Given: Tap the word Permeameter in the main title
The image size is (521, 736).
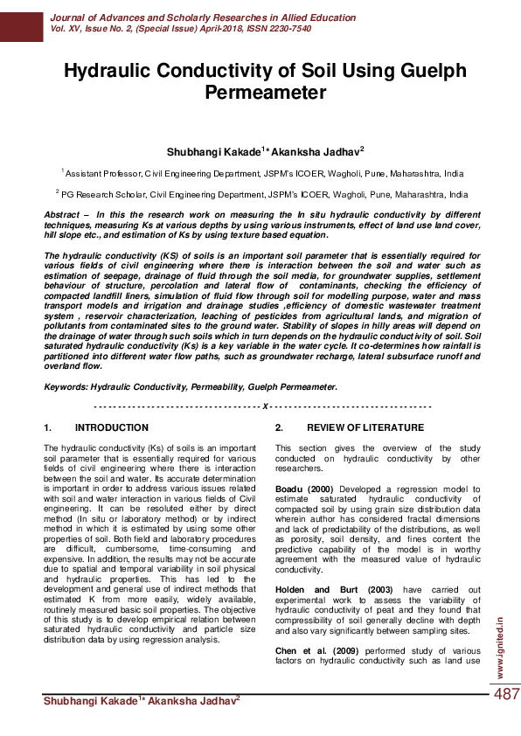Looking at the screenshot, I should (260, 93).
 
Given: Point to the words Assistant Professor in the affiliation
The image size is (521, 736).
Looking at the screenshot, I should (103, 174).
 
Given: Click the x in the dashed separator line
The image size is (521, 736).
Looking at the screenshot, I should (265, 406).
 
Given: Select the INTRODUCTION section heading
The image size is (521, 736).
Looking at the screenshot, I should (112, 428).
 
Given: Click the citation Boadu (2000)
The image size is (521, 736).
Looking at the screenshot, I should (305, 489).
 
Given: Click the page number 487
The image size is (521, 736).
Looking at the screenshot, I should (507, 694).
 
